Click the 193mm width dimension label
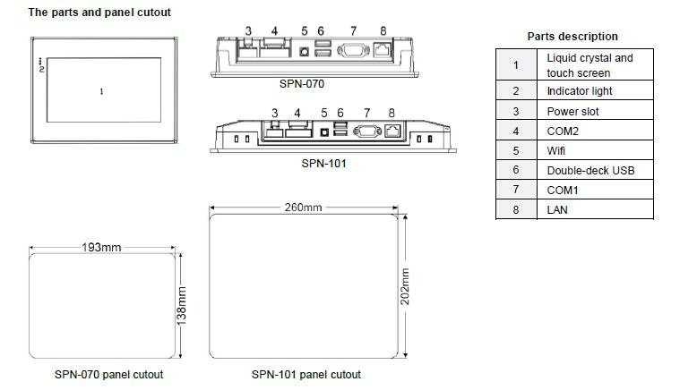tap(101, 247)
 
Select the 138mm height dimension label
tap(181, 306)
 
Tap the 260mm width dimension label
tap(303, 208)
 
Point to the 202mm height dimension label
tap(405, 286)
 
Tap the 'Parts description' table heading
tap(572, 37)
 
